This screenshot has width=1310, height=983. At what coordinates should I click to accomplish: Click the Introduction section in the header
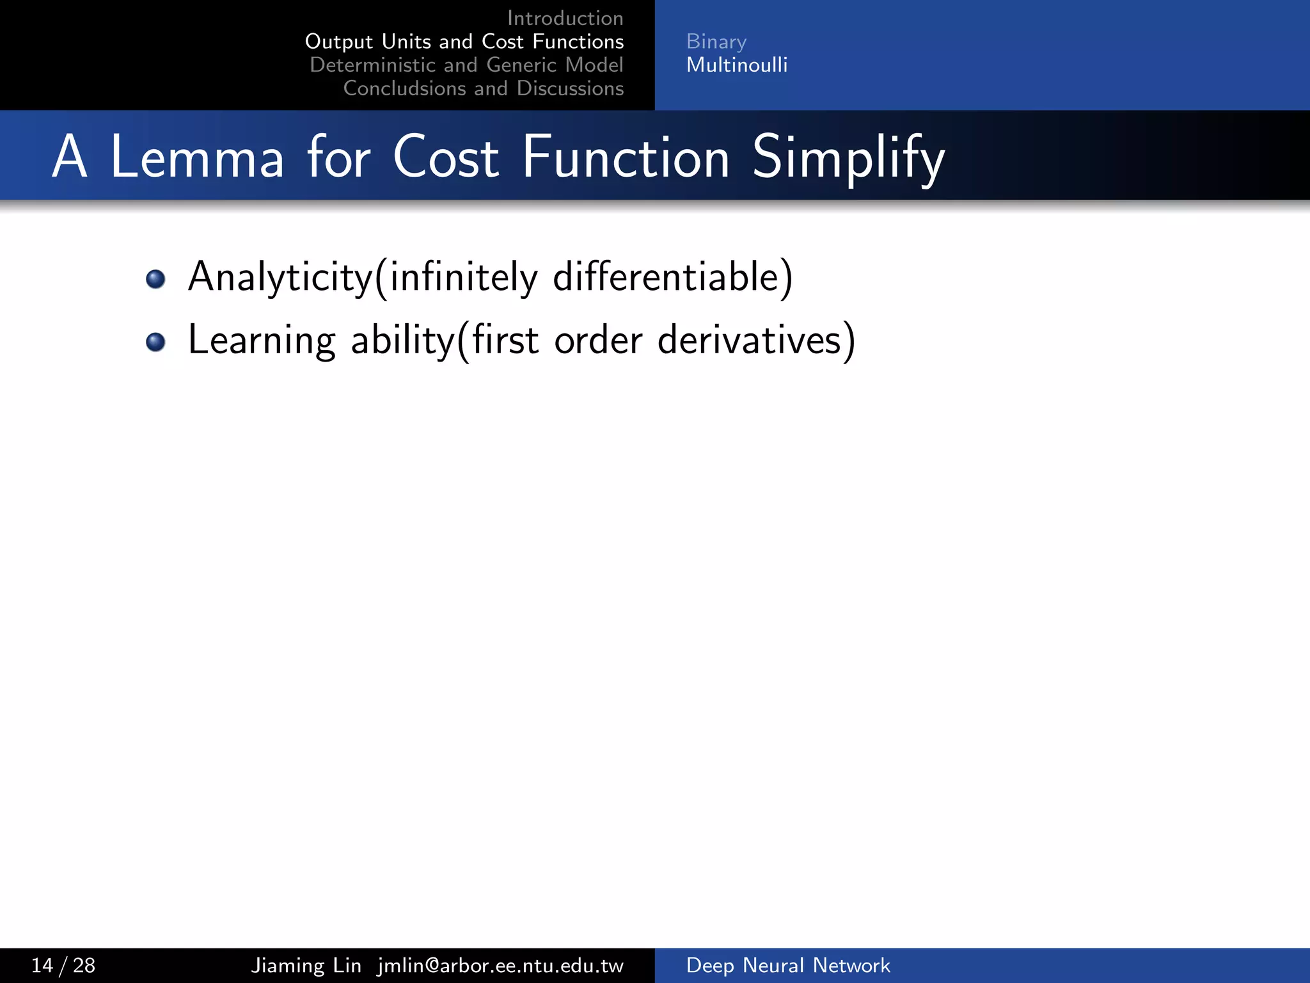pyautogui.click(x=565, y=18)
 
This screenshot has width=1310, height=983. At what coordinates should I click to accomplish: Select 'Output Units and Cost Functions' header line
pyautogui.click(x=464, y=42)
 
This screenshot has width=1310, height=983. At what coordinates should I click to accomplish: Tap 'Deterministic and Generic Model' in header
pyautogui.click(x=466, y=65)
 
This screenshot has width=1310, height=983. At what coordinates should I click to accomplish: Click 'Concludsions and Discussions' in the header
pyautogui.click(x=483, y=88)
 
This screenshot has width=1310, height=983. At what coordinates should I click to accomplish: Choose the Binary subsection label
pyautogui.click(x=716, y=42)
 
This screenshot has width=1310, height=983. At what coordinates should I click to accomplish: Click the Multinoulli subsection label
pyautogui.click(x=737, y=65)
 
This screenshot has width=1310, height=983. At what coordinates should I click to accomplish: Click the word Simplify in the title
pyautogui.click(x=848, y=159)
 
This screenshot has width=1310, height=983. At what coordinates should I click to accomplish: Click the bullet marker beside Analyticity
pyautogui.click(x=155, y=279)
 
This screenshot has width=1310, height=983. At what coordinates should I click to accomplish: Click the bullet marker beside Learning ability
pyautogui.click(x=155, y=342)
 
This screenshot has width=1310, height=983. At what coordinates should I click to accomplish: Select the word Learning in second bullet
pyautogui.click(x=261, y=340)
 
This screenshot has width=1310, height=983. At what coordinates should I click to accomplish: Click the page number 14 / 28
pyautogui.click(x=63, y=965)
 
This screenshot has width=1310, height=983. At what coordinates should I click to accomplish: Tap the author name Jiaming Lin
pyautogui.click(x=306, y=965)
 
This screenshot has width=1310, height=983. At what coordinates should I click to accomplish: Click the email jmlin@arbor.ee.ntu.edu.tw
pyautogui.click(x=500, y=965)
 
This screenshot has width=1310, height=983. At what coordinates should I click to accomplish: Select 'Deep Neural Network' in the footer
pyautogui.click(x=787, y=965)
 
